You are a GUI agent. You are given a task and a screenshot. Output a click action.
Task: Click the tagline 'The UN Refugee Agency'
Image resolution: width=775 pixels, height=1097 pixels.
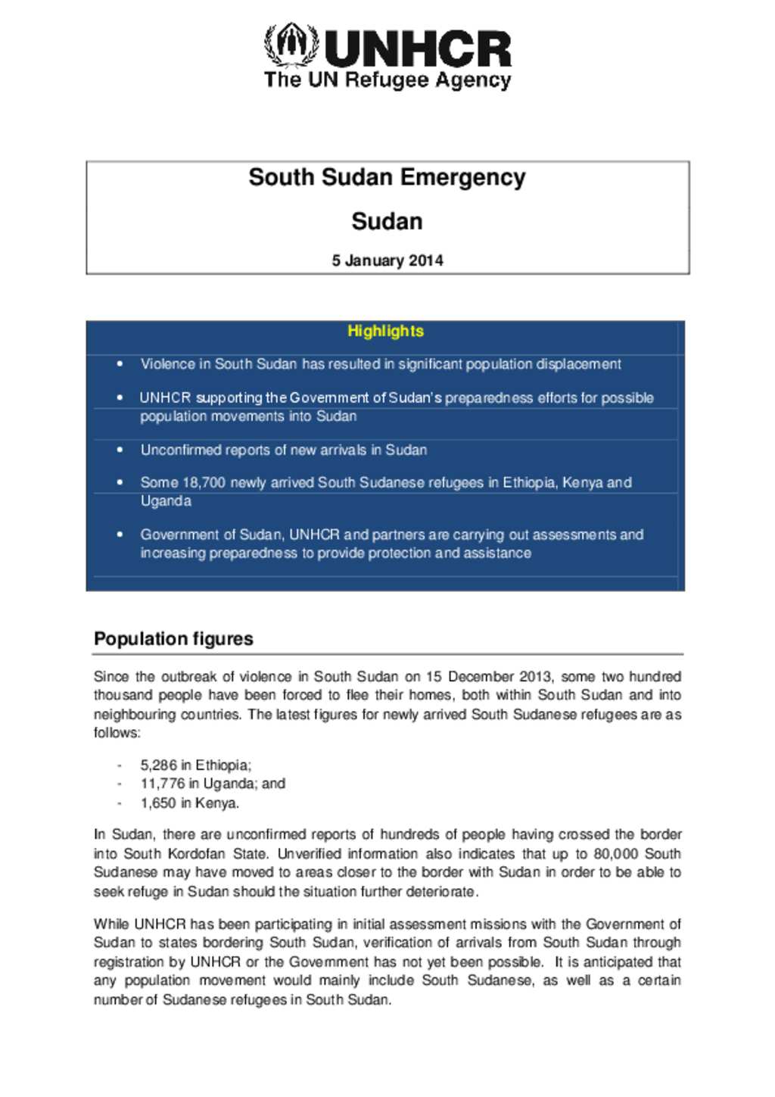pyautogui.click(x=387, y=80)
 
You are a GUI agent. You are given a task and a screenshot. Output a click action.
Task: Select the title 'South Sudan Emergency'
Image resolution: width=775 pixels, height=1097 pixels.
pyautogui.click(x=387, y=177)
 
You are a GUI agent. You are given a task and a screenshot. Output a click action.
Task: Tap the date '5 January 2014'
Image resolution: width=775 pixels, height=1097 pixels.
pyautogui.click(x=387, y=260)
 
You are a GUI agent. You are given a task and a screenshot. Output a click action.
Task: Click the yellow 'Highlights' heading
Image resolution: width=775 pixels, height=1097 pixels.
pyautogui.click(x=385, y=331)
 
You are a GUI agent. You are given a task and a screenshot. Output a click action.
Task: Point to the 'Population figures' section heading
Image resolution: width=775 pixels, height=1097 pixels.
pyautogui.click(x=173, y=639)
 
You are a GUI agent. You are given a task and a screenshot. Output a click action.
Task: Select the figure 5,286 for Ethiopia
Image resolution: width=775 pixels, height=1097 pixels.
pyautogui.click(x=158, y=765)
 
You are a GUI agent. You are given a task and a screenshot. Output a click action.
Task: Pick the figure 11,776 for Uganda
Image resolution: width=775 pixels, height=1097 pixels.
pyautogui.click(x=162, y=784)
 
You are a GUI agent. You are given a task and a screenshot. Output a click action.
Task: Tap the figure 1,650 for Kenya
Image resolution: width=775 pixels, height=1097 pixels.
pyautogui.click(x=158, y=803)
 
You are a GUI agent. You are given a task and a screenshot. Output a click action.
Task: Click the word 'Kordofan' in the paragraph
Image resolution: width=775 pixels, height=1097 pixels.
pyautogui.click(x=198, y=854)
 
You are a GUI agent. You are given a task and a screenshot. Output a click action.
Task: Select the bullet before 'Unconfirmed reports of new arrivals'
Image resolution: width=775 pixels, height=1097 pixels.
pyautogui.click(x=120, y=450)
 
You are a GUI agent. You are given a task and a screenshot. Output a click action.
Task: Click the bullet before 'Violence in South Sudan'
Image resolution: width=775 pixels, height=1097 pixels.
pyautogui.click(x=120, y=364)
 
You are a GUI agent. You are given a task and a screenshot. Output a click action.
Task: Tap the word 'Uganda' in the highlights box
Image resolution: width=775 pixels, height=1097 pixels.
pyautogui.click(x=166, y=501)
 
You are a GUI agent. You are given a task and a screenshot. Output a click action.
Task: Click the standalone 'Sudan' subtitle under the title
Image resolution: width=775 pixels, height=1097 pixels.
pyautogui.click(x=387, y=222)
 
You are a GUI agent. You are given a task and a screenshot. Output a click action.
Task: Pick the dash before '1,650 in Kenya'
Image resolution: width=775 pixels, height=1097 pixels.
pyautogui.click(x=120, y=803)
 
